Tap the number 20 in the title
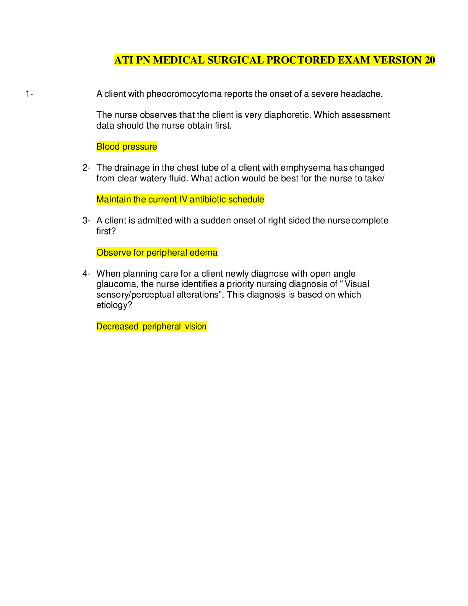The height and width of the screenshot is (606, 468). coord(430,60)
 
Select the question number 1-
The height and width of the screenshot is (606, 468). coord(29,94)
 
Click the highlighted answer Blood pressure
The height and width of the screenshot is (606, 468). coord(127,147)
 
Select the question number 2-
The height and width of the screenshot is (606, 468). coord(86,168)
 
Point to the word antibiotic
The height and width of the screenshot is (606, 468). coord(207,199)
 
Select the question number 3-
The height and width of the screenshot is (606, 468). coord(86,221)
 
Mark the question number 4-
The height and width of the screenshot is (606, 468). coord(86,274)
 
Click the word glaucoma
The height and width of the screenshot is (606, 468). coord(117,285)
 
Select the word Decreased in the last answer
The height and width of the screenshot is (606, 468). coord(117,327)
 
